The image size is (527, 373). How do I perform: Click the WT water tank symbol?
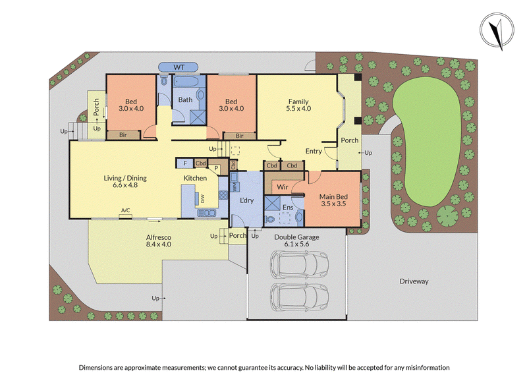point(179,67)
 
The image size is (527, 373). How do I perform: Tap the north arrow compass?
point(497,30)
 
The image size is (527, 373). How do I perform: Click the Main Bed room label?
point(333,196)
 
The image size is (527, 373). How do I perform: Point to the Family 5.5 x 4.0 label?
point(298,105)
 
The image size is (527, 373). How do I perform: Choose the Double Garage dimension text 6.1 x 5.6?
point(296,244)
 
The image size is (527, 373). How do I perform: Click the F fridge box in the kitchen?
point(185,163)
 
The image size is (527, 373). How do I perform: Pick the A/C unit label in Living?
point(125,210)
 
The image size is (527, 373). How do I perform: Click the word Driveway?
point(414,281)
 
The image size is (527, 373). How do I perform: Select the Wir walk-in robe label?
point(283,187)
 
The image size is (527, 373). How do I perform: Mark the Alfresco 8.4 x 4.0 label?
point(159,241)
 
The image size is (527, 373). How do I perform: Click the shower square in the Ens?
point(272,204)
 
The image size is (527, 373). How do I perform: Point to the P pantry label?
point(216,168)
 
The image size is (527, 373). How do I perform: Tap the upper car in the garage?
point(299,264)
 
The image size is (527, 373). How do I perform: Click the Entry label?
point(314,152)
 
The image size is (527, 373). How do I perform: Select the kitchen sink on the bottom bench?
point(206,213)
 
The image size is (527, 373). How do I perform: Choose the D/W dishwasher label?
point(202,199)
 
